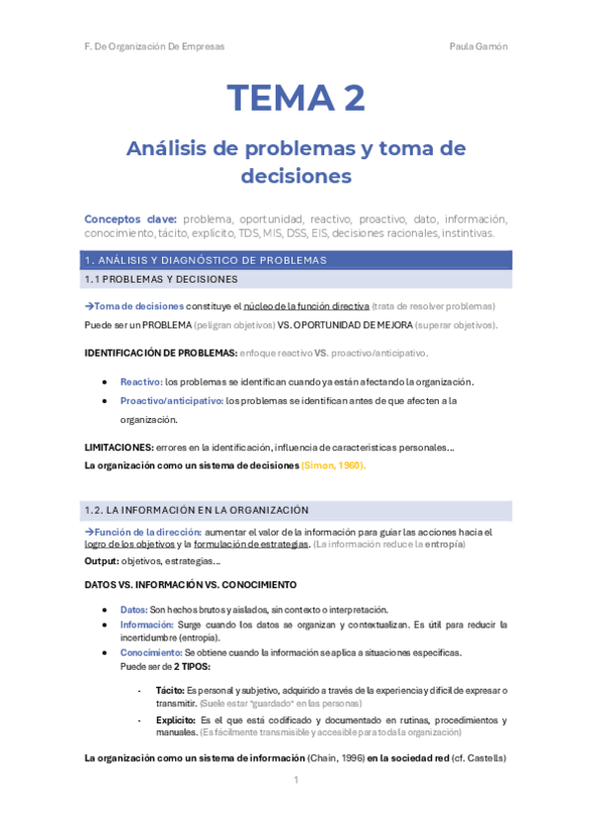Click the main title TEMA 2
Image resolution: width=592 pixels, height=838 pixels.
(x=296, y=98)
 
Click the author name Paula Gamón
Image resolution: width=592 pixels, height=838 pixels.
(x=478, y=46)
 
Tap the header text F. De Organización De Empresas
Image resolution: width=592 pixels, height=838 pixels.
(x=154, y=46)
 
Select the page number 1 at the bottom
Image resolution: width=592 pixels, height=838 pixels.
(x=296, y=781)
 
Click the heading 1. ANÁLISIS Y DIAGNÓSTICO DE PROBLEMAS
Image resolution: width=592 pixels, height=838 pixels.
(x=206, y=260)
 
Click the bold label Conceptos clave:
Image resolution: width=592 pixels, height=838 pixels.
(x=130, y=218)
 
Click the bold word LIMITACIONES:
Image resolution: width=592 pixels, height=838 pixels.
(x=119, y=447)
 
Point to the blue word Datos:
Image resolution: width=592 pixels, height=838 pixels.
(x=134, y=610)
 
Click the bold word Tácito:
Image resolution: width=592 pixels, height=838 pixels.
(x=170, y=690)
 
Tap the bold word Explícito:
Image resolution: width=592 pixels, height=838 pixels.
(x=176, y=720)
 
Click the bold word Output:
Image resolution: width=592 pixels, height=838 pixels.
(x=103, y=560)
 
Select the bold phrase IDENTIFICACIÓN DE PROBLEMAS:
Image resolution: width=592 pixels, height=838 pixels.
(x=161, y=353)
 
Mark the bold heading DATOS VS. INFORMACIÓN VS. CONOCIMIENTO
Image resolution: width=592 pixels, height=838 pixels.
(x=183, y=584)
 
